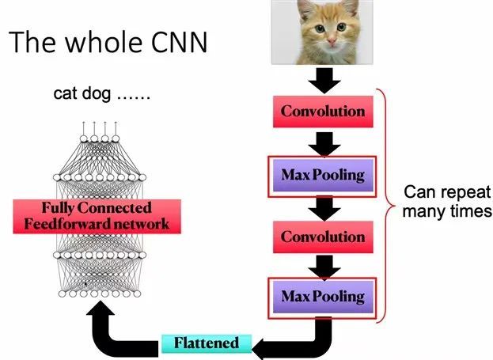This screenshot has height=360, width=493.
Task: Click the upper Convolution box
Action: (322, 111)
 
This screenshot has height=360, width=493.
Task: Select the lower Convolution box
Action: (322, 236)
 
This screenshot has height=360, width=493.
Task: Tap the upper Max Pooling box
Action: (322, 172)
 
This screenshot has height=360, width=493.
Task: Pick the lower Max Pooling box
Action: (322, 297)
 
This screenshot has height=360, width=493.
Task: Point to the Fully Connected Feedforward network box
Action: (97, 216)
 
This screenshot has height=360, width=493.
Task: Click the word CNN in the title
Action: (175, 42)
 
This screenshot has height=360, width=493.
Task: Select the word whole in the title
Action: (100, 42)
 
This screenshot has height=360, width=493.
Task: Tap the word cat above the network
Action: (67, 94)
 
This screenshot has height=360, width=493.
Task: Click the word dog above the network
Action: (98, 94)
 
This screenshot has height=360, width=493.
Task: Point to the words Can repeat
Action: (448, 194)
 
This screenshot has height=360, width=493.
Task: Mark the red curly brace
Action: (386, 206)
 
